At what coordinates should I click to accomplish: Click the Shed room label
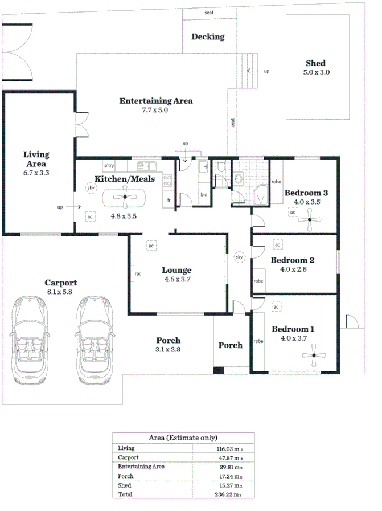point(316,63)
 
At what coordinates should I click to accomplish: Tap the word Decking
point(207,37)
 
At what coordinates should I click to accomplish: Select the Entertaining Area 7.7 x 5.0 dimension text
point(155,111)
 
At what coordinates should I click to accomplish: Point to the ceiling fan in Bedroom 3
point(311,219)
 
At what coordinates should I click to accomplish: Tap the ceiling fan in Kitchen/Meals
point(124,198)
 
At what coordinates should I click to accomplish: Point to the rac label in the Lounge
point(138,274)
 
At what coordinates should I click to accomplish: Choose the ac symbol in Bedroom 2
point(277,245)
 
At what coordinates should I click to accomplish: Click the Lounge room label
point(176,271)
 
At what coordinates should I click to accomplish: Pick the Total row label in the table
point(125,494)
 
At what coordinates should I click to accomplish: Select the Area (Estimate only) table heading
point(183,438)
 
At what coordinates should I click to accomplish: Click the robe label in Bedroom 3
point(276,183)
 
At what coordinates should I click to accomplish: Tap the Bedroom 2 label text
point(293,260)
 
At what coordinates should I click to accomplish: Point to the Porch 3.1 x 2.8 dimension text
point(168,350)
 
